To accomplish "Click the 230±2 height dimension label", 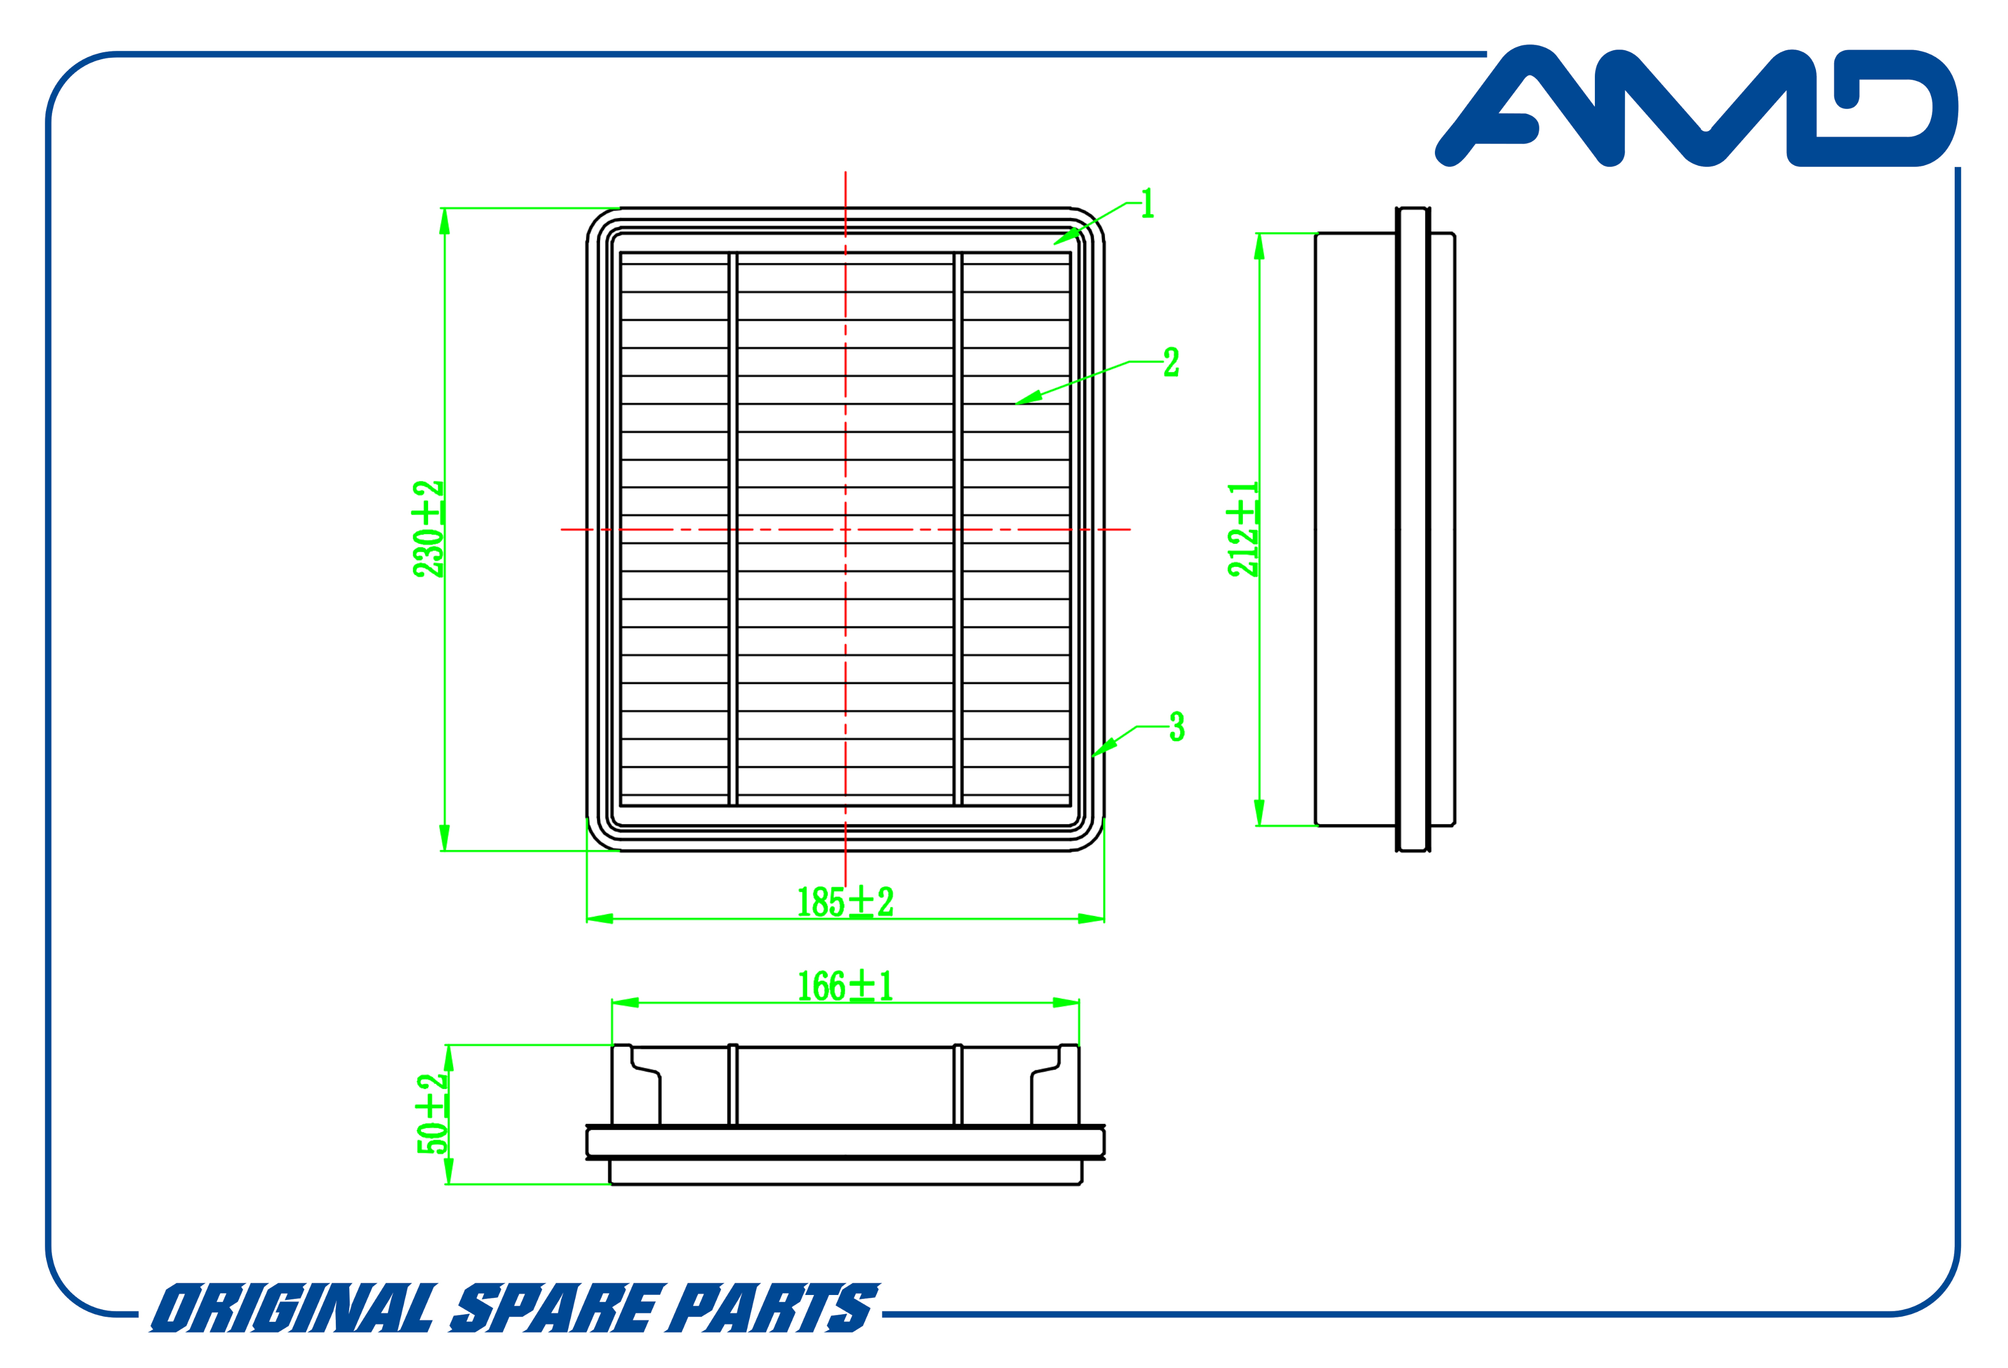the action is [429, 529].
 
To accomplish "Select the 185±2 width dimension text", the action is [845, 902].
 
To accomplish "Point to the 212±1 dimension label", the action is [1243, 529].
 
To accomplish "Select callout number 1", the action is [1148, 204].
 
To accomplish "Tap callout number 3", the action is [1177, 727].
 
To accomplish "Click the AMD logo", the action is [1696, 105].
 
